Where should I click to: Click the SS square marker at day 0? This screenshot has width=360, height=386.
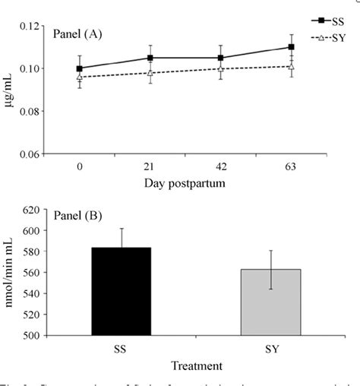[x=80, y=68]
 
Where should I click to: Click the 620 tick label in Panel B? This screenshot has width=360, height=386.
[x=30, y=209]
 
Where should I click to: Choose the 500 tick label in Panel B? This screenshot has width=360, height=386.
[x=30, y=335]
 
